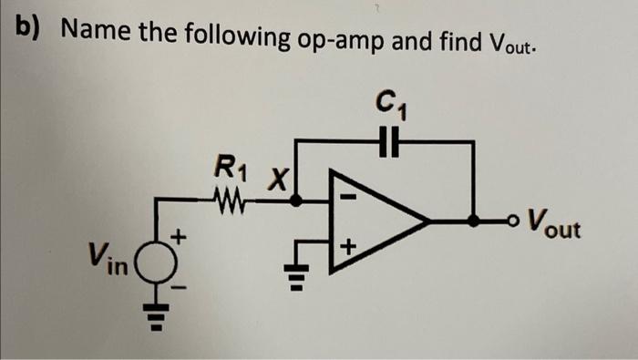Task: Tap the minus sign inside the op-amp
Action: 347,196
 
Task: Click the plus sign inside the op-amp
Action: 347,247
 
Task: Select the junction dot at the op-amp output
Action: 473,221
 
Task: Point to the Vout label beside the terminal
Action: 557,222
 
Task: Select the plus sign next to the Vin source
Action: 180,238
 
